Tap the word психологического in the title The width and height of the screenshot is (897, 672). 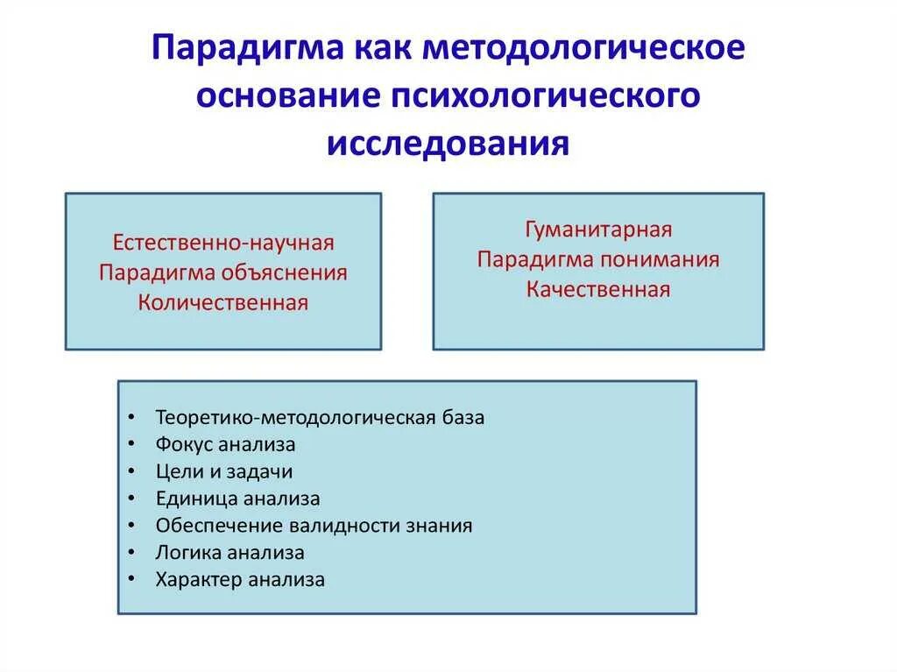tap(539, 96)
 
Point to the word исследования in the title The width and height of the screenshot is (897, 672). tap(448, 144)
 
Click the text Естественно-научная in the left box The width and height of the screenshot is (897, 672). tap(223, 242)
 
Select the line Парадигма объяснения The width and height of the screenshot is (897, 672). tap(223, 272)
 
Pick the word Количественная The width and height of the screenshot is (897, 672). tap(223, 303)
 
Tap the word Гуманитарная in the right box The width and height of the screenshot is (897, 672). tap(598, 230)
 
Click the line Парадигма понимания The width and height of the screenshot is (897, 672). tap(598, 260)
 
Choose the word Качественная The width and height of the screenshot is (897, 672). tap(598, 290)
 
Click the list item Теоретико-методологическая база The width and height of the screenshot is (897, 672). tap(320, 417)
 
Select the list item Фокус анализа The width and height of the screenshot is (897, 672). tap(225, 444)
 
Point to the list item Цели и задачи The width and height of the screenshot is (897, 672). tap(223, 471)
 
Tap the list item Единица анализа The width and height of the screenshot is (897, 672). tap(237, 499)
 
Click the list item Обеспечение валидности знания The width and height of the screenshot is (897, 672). tap(314, 526)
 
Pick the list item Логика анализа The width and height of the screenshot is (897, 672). tap(230, 553)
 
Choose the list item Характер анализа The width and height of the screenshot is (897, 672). tap(240, 580)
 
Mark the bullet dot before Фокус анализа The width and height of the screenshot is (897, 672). tap(131, 445)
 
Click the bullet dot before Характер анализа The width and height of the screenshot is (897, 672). tap(131, 580)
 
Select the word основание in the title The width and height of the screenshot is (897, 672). tap(281, 96)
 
